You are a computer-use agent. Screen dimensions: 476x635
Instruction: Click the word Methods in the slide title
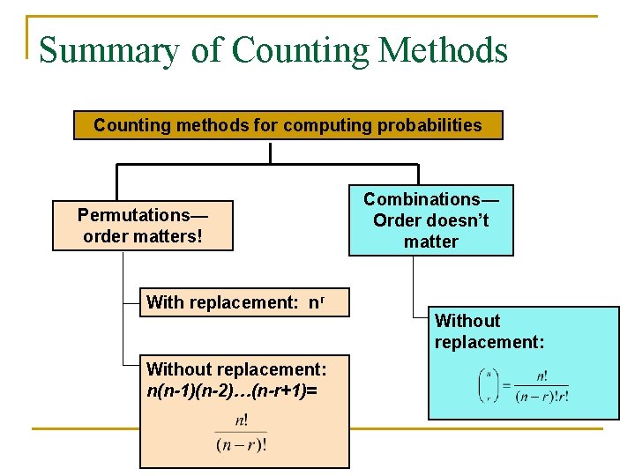[x=443, y=50]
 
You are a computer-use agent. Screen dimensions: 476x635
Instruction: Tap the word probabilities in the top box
[x=430, y=125]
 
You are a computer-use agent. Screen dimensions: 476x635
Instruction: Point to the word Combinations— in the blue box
[x=431, y=199]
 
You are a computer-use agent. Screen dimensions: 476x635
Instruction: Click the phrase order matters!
[x=143, y=236]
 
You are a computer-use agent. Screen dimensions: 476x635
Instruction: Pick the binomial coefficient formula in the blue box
[x=522, y=386]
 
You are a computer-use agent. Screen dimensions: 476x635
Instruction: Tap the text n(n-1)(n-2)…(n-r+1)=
[x=232, y=389]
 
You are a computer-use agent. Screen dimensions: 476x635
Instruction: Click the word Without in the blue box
[x=467, y=321]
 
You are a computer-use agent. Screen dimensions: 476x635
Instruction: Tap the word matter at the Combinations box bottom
[x=431, y=242]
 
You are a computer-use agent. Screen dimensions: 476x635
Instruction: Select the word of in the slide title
[x=206, y=50]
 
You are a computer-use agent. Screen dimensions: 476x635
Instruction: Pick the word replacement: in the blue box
[x=489, y=342]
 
